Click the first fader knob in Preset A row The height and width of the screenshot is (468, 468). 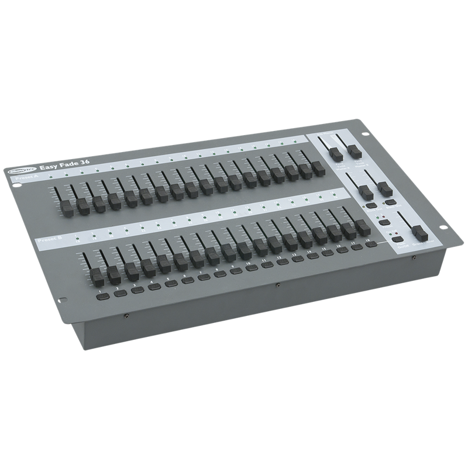(x=65, y=207)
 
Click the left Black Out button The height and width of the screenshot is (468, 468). (x=371, y=205)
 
